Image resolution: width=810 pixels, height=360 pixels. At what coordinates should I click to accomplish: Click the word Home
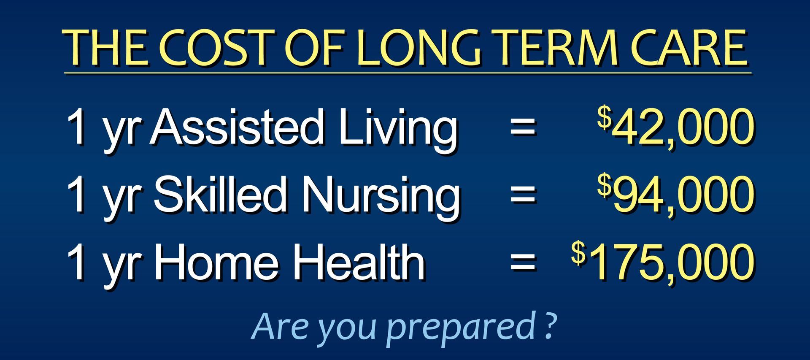pyautogui.click(x=216, y=262)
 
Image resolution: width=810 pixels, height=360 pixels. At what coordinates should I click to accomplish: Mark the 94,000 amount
pyautogui.click(x=683, y=195)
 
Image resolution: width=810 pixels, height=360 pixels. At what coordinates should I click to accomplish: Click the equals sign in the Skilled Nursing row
pyautogui.click(x=523, y=194)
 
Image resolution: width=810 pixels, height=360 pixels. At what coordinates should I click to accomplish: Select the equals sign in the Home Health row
pyautogui.click(x=523, y=262)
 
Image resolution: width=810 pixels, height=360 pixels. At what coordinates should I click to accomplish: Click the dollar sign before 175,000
pyautogui.click(x=578, y=253)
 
